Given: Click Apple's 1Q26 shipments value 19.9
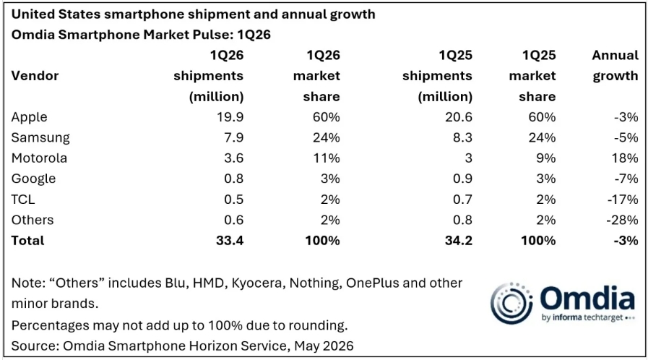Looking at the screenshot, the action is (x=230, y=117).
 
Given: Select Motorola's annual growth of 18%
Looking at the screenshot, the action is (x=626, y=158).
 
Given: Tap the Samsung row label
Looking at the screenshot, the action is (x=40, y=137).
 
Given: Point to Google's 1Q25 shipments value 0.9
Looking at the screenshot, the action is (x=462, y=179).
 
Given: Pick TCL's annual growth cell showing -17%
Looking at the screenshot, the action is (x=623, y=200).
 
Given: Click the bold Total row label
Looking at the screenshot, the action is (x=27, y=241).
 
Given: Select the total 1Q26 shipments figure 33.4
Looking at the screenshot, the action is (x=230, y=241).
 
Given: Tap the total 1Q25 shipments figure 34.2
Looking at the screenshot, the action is (x=458, y=241).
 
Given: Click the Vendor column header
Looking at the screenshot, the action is (x=35, y=76).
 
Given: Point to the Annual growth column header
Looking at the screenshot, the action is (x=615, y=66).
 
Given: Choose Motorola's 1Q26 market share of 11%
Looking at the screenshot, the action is (x=327, y=158).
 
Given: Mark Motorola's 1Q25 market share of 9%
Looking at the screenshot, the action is (x=545, y=158).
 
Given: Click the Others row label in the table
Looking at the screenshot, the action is (x=33, y=220).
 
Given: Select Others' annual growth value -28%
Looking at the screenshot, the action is (x=623, y=220).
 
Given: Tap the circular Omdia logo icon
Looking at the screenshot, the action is (x=511, y=304).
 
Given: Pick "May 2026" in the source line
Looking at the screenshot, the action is (x=324, y=346).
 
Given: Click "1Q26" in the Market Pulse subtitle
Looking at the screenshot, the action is (x=254, y=35).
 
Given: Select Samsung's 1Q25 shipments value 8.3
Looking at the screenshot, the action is (x=462, y=137).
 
